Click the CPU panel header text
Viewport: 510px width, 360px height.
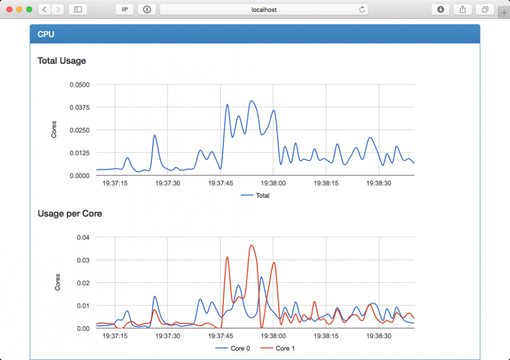pos(46,34)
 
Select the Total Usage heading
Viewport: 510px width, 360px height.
pos(62,61)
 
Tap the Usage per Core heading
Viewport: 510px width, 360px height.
pos(70,214)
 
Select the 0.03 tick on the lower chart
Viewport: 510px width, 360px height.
pos(83,260)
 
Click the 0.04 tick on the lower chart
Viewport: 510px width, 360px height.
pos(83,237)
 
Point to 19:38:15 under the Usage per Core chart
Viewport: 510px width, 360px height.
pos(326,336)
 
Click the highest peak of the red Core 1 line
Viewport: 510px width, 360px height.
pos(252,245)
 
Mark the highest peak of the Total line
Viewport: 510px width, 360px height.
pos(251,101)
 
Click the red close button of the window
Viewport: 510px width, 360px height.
pos(10,9)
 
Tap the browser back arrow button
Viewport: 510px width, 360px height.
pos(44,9)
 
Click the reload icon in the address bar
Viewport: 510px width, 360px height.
pos(362,9)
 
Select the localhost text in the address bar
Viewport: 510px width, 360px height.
pos(264,9)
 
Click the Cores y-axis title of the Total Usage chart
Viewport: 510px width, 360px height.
pos(54,130)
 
